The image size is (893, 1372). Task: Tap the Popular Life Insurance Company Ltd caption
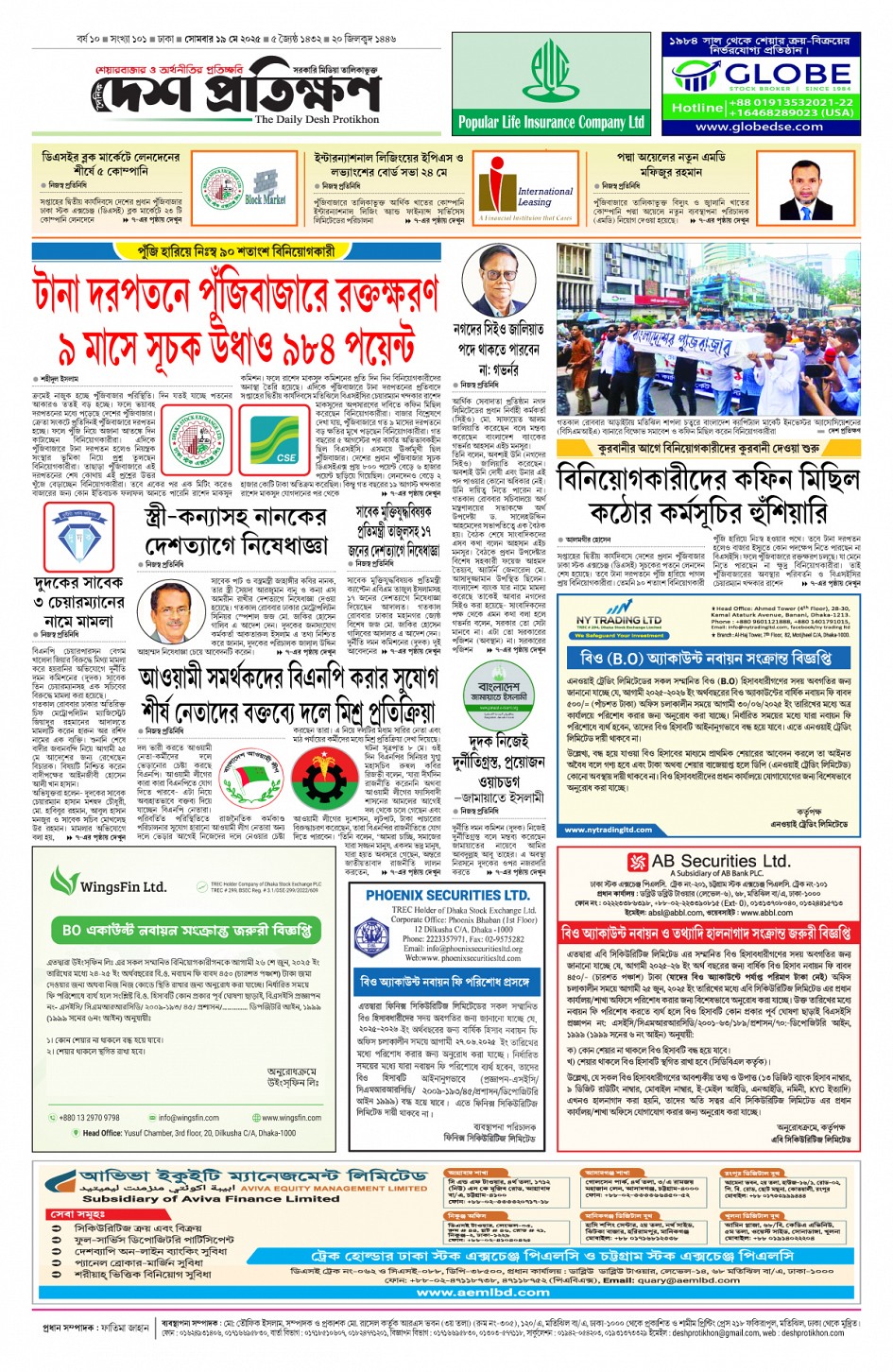[x=551, y=122]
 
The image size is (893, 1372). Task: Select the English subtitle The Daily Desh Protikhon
[x=317, y=120]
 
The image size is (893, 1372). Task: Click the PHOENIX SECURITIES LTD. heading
[x=447, y=895]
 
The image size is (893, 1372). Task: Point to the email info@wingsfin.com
[x=188, y=1117]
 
